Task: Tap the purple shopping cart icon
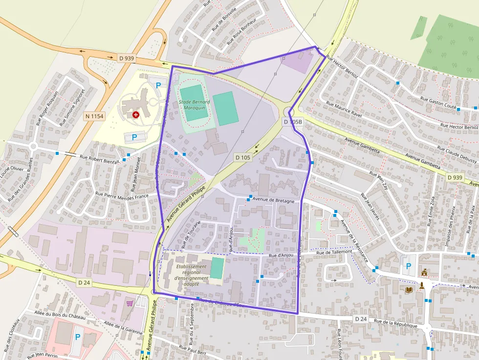(x=130, y=303)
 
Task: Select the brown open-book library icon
(x=409, y=290)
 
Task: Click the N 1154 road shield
(x=94, y=116)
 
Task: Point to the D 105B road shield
(x=293, y=122)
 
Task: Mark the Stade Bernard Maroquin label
(x=194, y=105)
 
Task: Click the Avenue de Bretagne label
(x=274, y=201)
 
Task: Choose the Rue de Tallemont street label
(x=334, y=253)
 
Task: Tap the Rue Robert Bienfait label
(x=100, y=158)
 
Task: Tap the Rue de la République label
(x=396, y=324)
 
